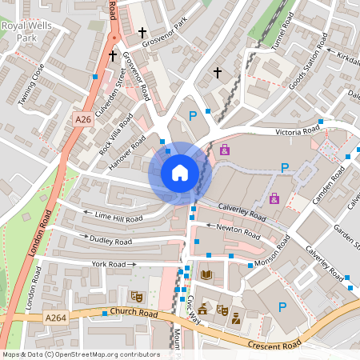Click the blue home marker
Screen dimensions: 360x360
click(x=180, y=173)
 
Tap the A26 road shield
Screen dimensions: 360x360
click(x=82, y=119)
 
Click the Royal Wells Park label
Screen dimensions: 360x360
click(x=21, y=31)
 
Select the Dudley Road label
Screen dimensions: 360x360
click(x=111, y=241)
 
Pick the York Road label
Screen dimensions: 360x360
click(x=110, y=263)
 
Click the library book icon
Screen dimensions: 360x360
click(x=206, y=275)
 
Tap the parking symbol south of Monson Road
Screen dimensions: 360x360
click(x=282, y=307)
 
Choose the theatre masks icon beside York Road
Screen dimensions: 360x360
click(x=136, y=296)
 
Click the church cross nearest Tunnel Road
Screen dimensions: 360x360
click(x=217, y=73)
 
